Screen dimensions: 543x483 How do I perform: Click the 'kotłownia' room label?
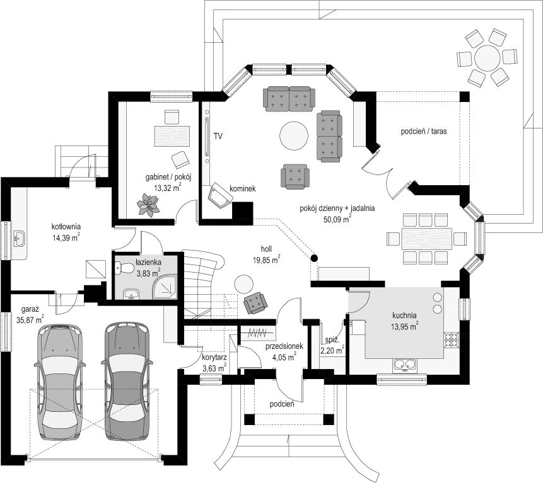[66, 227]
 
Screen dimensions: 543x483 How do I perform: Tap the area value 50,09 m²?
[337, 219]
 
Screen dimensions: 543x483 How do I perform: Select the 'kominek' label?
[242, 188]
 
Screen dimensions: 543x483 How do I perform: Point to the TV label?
[218, 136]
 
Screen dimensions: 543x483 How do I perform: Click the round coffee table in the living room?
[294, 135]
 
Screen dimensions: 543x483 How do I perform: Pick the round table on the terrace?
[488, 58]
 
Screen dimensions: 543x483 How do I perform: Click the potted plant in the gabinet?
[148, 205]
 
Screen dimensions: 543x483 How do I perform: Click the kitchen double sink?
[404, 365]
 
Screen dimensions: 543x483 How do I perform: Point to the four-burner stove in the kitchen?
[452, 339]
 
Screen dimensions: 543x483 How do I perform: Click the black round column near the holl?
[313, 258]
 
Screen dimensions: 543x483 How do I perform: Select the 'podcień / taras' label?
[424, 132]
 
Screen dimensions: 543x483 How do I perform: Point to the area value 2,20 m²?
[332, 350]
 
